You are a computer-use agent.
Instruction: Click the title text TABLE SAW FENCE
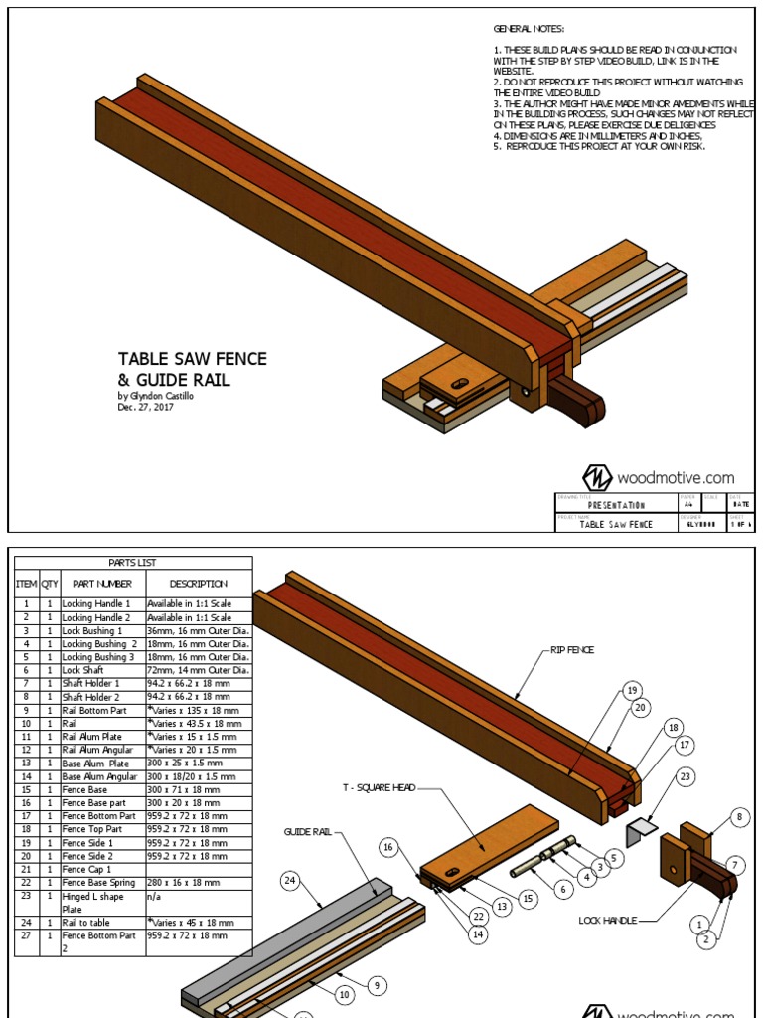[x=192, y=359]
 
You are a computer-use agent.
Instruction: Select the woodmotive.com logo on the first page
[x=658, y=477]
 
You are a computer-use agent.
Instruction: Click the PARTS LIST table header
[x=132, y=563]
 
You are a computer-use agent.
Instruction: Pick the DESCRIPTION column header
[x=198, y=584]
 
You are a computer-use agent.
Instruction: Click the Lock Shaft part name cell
[x=84, y=670]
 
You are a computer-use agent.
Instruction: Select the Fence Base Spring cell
[x=99, y=882]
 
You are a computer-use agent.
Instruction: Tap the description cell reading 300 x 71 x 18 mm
[x=185, y=789]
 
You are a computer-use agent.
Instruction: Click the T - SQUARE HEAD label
[x=374, y=789]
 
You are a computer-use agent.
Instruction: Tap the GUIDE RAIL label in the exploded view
[x=307, y=831]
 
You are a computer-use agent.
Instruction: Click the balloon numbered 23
[x=686, y=777]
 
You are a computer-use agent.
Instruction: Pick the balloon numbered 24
[x=290, y=880]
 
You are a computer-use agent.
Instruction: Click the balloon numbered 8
[x=738, y=817]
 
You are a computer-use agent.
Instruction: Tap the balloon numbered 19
[x=630, y=690]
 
